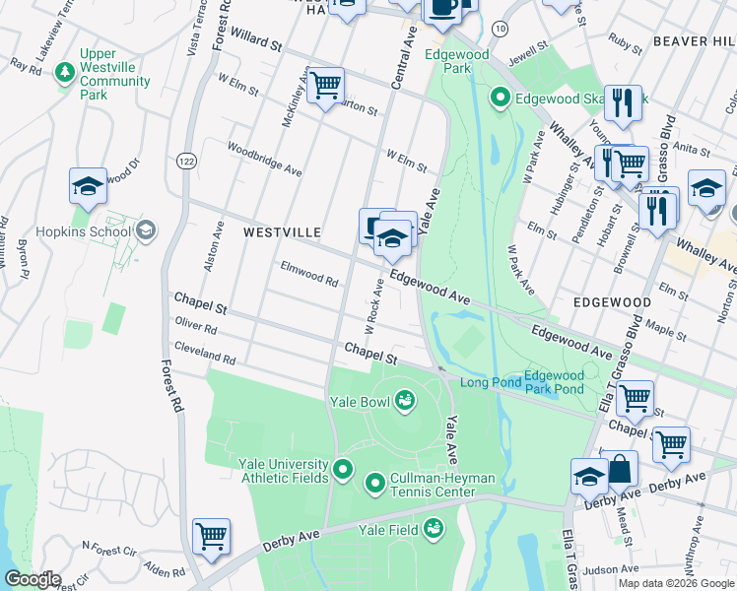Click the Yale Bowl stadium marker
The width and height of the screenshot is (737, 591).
(x=404, y=400)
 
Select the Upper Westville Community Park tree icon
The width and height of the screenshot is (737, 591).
(x=65, y=73)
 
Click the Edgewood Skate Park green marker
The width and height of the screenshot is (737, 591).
(x=500, y=98)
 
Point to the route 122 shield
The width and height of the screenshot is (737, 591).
(x=184, y=160)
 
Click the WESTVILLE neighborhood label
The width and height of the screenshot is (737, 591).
(x=282, y=232)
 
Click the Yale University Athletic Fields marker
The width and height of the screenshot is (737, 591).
(x=343, y=469)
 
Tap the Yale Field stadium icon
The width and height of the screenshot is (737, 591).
(x=432, y=530)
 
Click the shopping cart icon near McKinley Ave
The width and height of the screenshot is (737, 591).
(x=325, y=86)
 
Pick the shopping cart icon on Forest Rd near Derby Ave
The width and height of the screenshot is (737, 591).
(x=211, y=537)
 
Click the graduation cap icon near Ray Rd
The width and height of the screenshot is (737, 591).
(x=88, y=186)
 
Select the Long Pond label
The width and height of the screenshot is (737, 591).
(x=488, y=382)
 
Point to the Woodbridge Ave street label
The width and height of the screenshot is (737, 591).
(x=264, y=158)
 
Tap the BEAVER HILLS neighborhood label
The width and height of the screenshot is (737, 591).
(x=693, y=41)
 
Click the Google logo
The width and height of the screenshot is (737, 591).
(x=32, y=579)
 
